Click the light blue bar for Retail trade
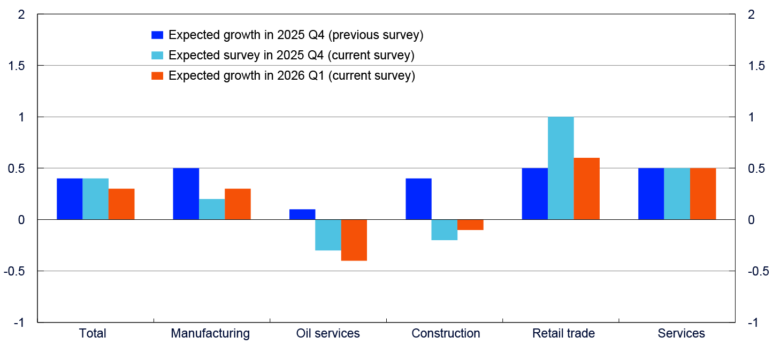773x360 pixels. [x=561, y=168]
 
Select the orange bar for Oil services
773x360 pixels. [x=354, y=240]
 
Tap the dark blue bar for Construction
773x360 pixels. [x=418, y=199]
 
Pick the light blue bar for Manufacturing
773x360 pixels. [x=212, y=209]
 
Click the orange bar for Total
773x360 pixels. [x=121, y=204]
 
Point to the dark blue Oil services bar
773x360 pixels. [x=302, y=215]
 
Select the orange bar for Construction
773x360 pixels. [x=470, y=225]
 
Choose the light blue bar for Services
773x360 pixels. [x=677, y=194]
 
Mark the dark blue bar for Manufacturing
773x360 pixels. [x=186, y=194]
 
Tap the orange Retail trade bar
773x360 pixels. [x=586, y=189]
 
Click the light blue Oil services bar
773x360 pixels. [x=328, y=235]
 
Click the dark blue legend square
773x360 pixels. [x=157, y=35]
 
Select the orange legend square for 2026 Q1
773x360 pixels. [x=157, y=75]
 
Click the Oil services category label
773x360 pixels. [x=328, y=333]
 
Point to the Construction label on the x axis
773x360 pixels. [x=446, y=333]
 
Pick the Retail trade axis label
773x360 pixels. [x=563, y=333]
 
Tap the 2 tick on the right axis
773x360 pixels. [x=752, y=14]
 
